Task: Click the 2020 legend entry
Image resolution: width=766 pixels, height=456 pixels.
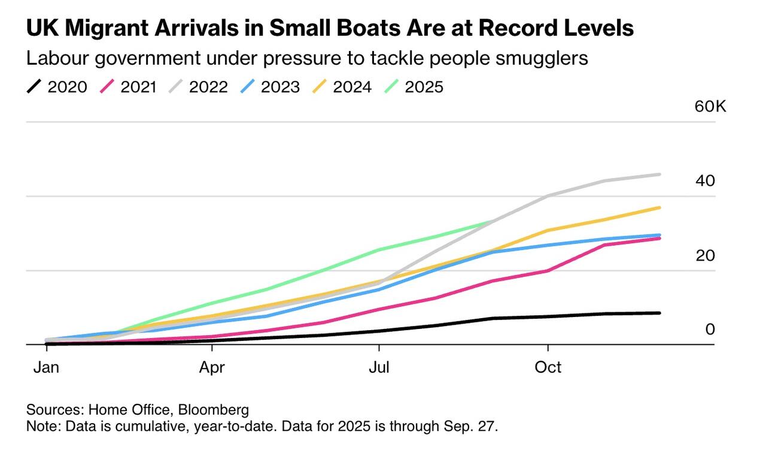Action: click(x=57, y=87)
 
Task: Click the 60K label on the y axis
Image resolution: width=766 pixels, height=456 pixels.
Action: click(x=710, y=107)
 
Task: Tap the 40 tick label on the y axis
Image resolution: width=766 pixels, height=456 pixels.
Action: click(x=706, y=181)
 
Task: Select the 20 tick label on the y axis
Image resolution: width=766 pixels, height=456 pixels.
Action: click(x=706, y=255)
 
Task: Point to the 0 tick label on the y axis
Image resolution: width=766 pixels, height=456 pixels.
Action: click(x=710, y=329)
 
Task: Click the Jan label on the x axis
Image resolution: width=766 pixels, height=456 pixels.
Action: click(x=45, y=367)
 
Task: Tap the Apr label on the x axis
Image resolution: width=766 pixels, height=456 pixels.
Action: click(x=212, y=367)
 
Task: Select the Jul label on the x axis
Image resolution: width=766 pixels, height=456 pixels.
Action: click(x=379, y=367)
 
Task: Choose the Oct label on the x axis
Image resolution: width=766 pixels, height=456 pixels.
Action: click(x=548, y=367)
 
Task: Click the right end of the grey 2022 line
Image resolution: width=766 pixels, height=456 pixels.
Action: click(x=659, y=174)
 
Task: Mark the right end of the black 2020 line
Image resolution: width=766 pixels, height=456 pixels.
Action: click(x=659, y=313)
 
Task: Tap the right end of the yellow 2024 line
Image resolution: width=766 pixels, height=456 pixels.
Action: click(x=659, y=207)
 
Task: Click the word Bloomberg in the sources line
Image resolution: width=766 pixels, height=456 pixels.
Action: click(x=214, y=410)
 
